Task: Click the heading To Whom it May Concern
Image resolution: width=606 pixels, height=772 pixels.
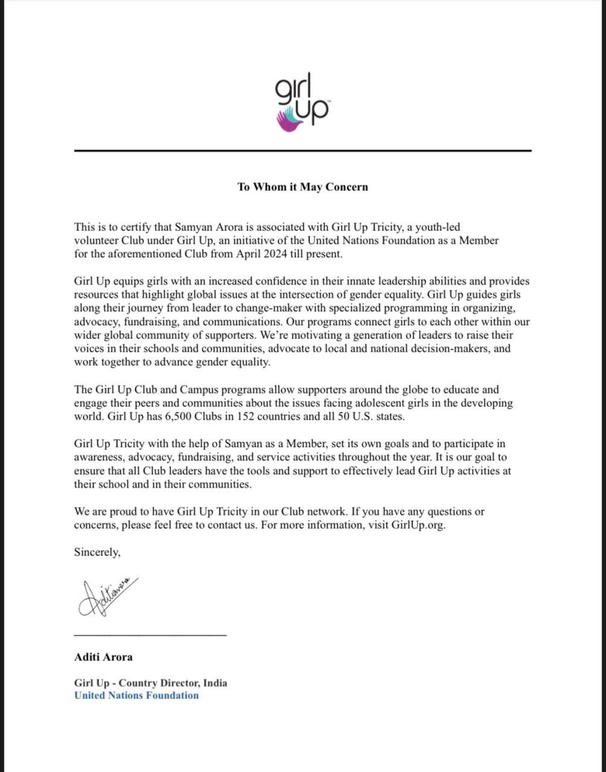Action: pos(303,187)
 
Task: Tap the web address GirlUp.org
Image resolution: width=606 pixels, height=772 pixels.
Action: pos(418,525)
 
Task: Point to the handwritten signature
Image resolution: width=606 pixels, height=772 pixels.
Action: pos(107,597)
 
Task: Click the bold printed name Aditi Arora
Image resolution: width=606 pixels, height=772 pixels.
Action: pos(103,657)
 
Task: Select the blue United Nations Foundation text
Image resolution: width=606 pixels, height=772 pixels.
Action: pos(136,695)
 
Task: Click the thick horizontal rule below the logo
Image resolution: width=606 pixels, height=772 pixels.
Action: pos(303,150)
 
